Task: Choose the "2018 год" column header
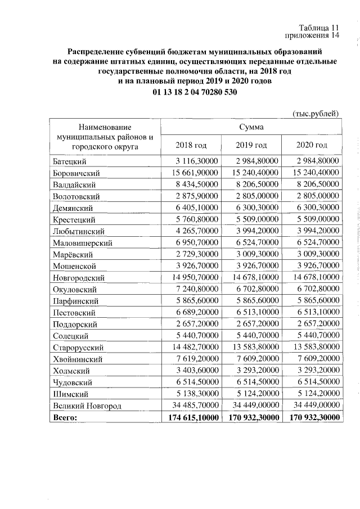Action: pos(191,145)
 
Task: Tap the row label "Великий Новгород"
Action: pos(83,405)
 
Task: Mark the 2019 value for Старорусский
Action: pos(251,347)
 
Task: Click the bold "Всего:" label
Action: pos(65,417)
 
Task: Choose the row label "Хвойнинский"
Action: pos(77,359)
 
